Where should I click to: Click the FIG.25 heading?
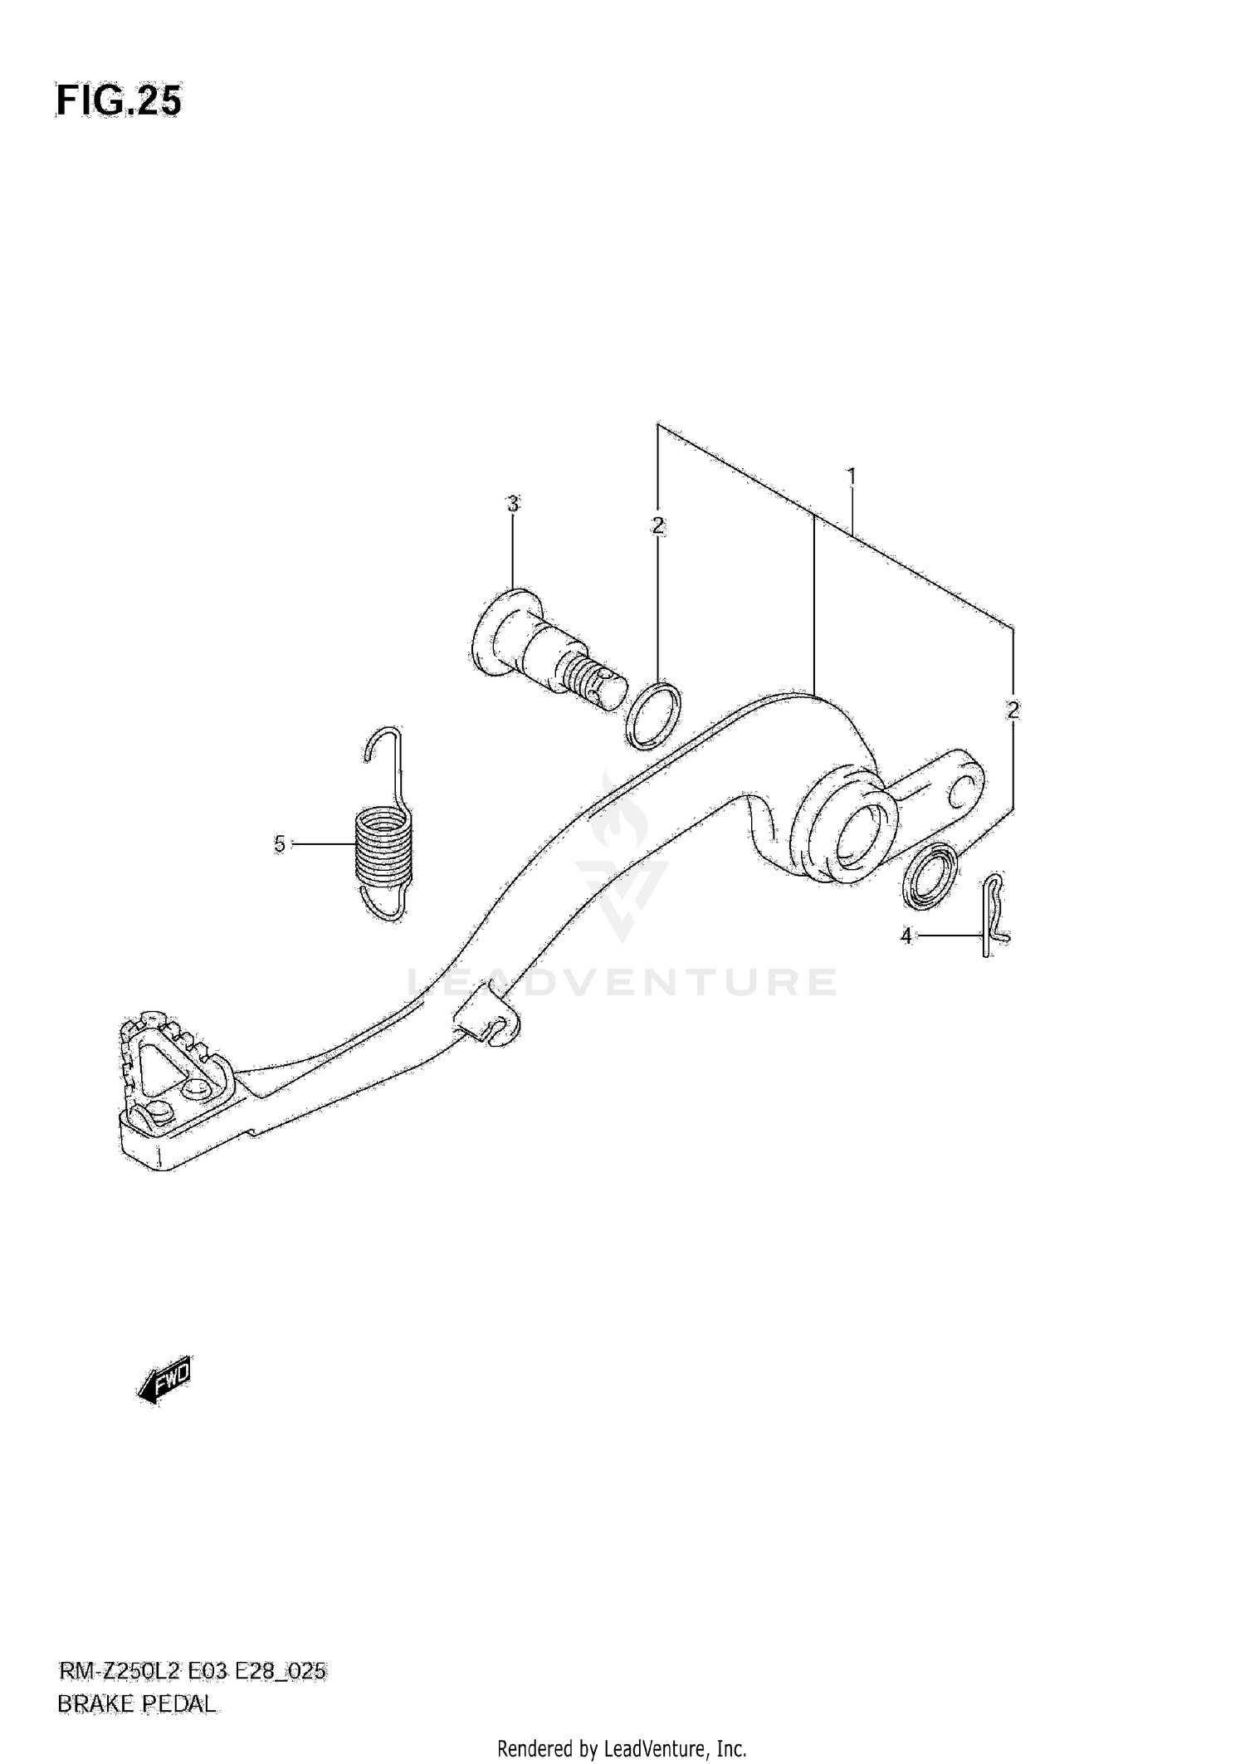[118, 101]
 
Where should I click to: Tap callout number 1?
[851, 477]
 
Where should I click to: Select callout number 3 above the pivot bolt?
[512, 504]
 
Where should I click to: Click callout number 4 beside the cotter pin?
[906, 936]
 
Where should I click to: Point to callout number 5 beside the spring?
[280, 844]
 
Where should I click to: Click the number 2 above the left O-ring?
[657, 525]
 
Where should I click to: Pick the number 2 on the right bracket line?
[1012, 710]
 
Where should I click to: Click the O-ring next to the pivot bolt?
[653, 715]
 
